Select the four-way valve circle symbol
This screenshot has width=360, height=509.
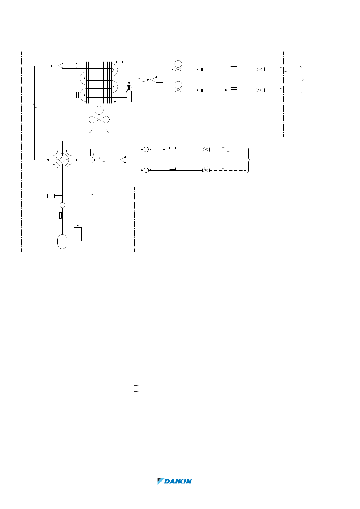tap(62, 159)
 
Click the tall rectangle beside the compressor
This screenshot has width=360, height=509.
tap(78, 234)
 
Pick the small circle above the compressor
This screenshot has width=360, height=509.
tap(62, 205)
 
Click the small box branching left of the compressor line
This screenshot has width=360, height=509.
tap(51, 196)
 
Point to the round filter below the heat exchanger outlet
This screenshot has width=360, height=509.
tap(129, 88)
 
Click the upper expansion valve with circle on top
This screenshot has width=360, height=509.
tap(178, 67)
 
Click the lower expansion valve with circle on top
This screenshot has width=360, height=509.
tap(178, 88)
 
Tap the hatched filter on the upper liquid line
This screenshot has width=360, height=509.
tap(202, 69)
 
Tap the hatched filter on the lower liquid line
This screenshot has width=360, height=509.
tap(202, 90)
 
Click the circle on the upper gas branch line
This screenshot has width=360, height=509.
tap(146, 149)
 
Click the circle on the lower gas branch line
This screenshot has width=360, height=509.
tap(146, 170)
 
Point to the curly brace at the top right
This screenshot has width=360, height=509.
tap(303, 80)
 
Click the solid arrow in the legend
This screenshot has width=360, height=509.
tap(135, 385)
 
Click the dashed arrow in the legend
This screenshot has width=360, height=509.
tap(135, 391)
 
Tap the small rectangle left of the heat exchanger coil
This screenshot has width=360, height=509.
tap(78, 95)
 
